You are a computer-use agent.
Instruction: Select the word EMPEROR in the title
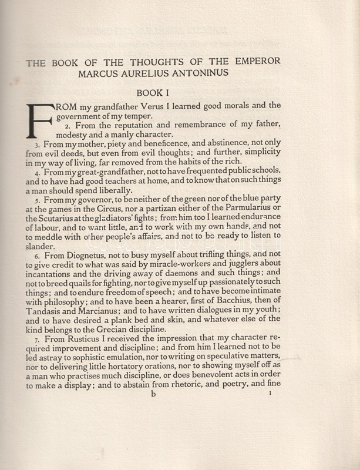click(257, 61)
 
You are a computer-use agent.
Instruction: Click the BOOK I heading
click(156, 93)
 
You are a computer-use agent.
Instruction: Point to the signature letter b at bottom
click(154, 395)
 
